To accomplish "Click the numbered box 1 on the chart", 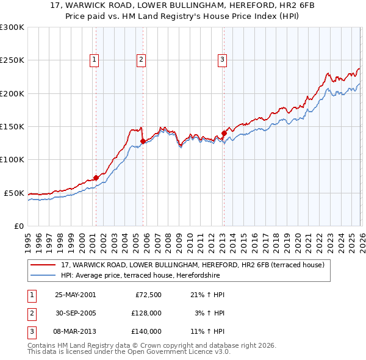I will pyautogui.click(x=95, y=60).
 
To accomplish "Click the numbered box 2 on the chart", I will pyautogui.click(x=141, y=60).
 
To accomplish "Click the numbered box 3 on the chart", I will pyautogui.click(x=221, y=60).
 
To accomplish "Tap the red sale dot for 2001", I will pyautogui.click(x=96, y=178).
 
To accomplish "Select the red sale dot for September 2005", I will pyautogui.click(x=143, y=141).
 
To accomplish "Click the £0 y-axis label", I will pyautogui.click(x=18, y=226).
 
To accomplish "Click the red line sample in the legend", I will pyautogui.click(x=44, y=265).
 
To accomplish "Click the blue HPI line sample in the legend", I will pyautogui.click(x=44, y=275).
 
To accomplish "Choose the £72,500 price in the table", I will pyautogui.click(x=146, y=295).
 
